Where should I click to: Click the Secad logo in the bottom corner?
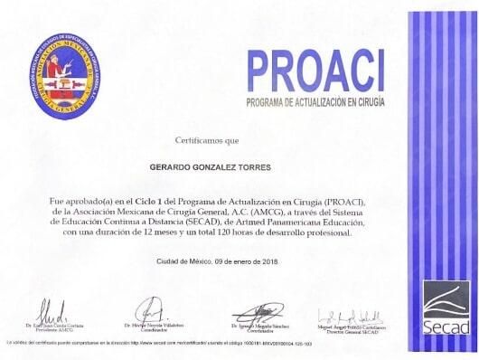coord(446,308)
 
